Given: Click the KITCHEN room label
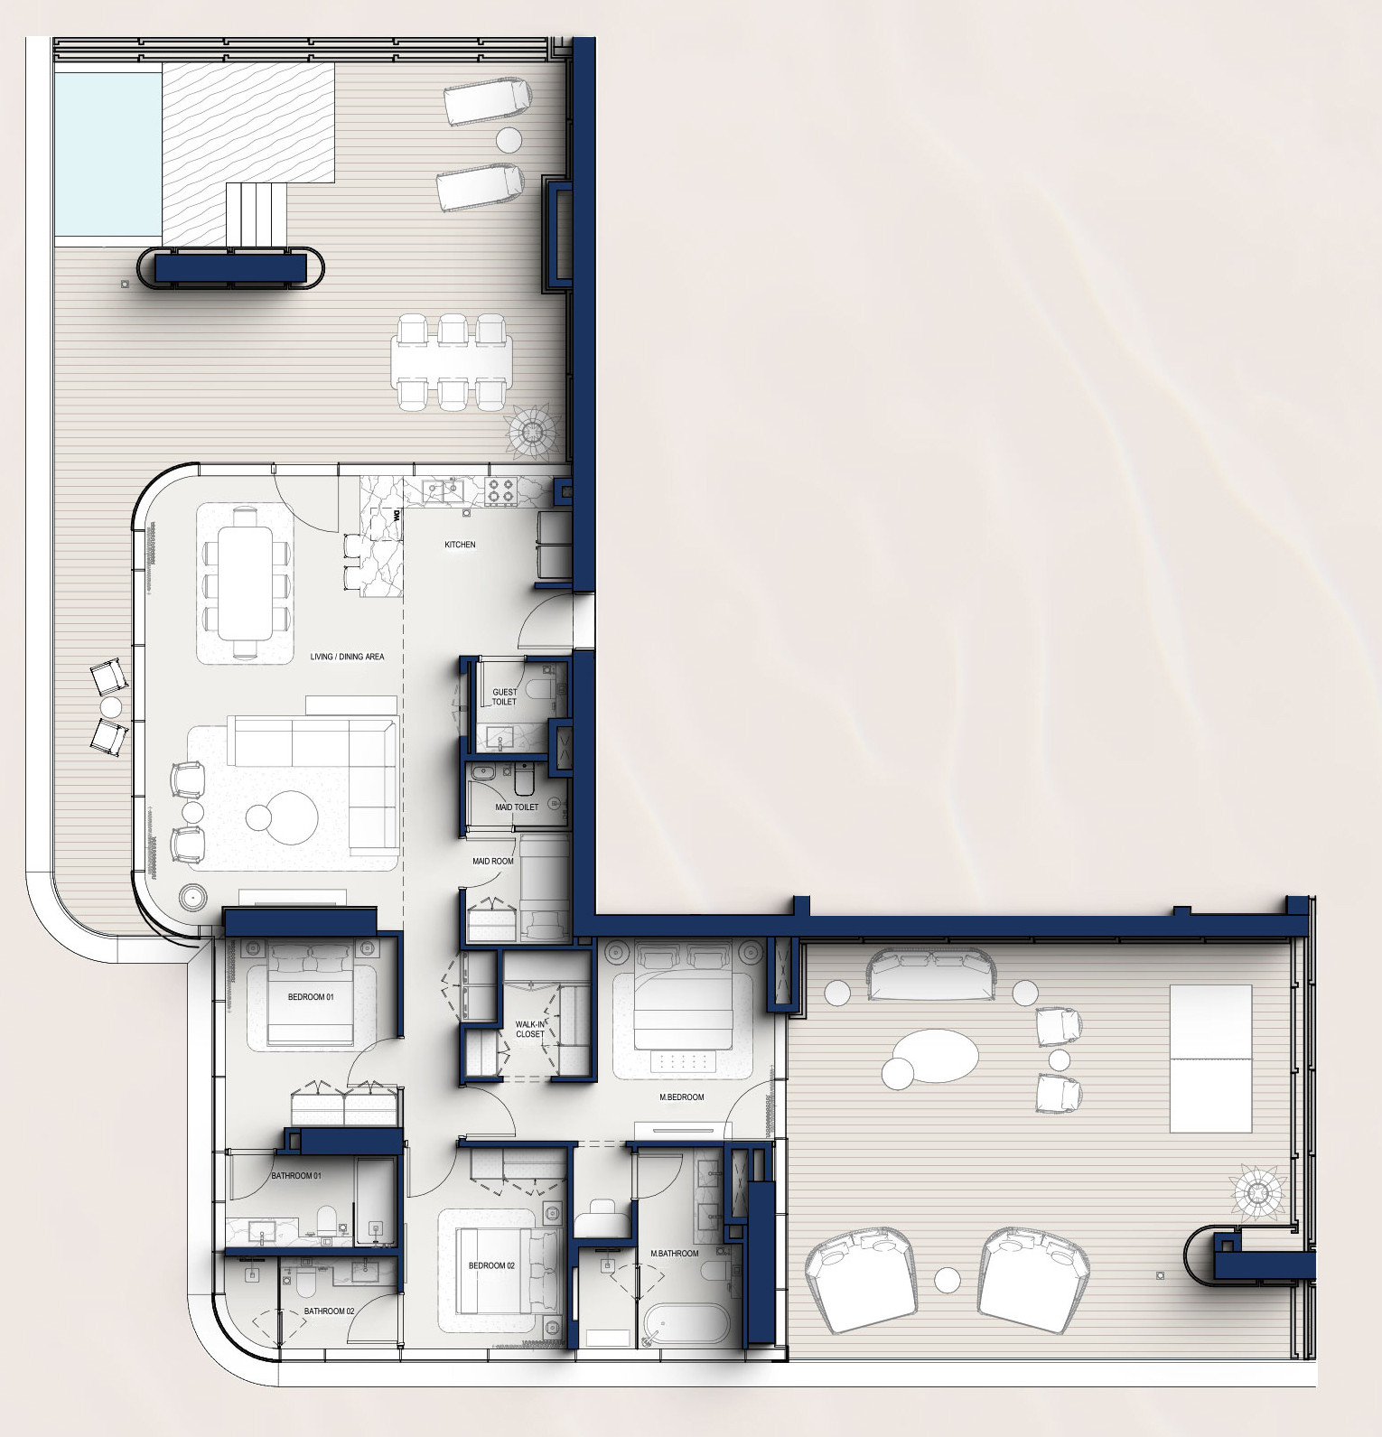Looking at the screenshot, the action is [460, 545].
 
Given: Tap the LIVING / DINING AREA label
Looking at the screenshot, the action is [347, 657].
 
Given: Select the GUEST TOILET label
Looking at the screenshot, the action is [504, 697].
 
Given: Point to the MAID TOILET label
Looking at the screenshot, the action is [517, 807].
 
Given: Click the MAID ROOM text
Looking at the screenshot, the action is [493, 861].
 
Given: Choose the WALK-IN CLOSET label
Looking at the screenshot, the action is [530, 1030].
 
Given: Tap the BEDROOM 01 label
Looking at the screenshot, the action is [311, 997].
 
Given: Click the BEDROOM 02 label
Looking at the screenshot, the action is [491, 1265].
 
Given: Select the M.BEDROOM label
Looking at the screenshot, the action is [681, 1097].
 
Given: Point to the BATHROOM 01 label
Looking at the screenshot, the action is [296, 1176].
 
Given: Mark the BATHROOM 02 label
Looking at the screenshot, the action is [329, 1311].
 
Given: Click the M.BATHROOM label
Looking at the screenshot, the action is [675, 1253].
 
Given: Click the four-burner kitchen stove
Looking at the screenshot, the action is [500, 492].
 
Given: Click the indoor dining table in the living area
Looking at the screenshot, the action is [246, 583].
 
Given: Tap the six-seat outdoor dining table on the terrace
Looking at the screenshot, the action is [452, 361].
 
